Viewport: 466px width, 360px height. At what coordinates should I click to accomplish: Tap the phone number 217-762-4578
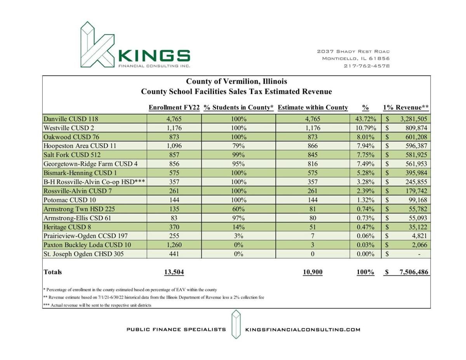click(367, 66)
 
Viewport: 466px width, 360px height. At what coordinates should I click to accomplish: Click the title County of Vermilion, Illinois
click(236, 82)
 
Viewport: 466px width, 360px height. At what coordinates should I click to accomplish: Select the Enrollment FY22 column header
click(174, 108)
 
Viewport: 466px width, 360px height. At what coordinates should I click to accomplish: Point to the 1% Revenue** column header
click(405, 108)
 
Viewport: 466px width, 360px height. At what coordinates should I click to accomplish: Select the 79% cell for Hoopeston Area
click(238, 146)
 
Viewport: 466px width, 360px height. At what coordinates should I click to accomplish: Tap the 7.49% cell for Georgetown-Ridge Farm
click(365, 164)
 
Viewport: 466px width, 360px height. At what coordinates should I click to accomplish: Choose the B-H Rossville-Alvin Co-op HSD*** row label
click(94, 182)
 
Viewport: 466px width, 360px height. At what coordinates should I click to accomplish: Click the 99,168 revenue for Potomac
click(416, 200)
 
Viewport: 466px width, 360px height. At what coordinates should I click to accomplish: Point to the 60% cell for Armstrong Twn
click(238, 209)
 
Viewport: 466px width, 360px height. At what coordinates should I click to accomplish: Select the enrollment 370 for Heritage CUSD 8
click(174, 227)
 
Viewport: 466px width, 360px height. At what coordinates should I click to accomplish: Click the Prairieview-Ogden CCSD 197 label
click(85, 236)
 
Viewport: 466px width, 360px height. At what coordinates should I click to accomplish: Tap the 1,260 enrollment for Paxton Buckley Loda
click(174, 245)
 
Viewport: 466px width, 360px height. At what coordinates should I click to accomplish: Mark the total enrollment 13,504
click(174, 272)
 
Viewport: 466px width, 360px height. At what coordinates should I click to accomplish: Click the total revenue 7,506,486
click(414, 272)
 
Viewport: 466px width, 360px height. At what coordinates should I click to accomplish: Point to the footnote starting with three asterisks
click(97, 305)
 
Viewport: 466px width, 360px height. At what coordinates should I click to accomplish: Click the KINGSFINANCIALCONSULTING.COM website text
click(303, 330)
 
